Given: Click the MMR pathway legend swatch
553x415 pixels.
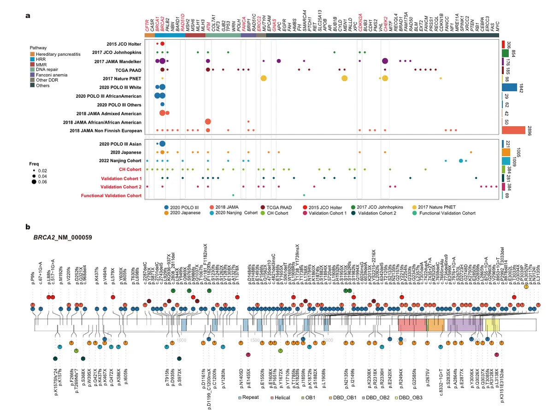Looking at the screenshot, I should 32,65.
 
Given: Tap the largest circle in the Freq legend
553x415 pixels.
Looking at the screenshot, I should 34,182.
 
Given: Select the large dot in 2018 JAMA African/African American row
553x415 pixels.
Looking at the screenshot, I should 208,122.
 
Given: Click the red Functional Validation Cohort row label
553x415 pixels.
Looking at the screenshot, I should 111,196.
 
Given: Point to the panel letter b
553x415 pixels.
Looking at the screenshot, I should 28,227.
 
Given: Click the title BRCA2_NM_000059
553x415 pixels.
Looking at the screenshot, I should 62,237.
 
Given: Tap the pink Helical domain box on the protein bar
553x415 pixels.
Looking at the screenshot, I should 412,325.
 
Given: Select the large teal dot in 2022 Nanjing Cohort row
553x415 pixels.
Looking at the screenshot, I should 461,160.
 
